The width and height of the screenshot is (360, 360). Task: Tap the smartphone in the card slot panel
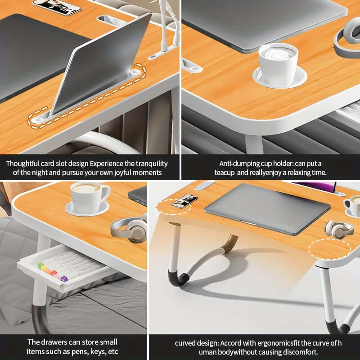click(57, 6)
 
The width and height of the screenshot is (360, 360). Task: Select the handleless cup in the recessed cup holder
click(278, 63)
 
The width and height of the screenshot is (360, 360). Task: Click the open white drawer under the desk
click(63, 270)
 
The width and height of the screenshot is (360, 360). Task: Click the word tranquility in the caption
click(147, 163)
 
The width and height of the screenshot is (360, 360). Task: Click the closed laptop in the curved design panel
click(267, 208)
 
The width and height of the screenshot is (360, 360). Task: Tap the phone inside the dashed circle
click(184, 201)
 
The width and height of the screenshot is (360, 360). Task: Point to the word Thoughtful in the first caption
click(24, 163)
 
